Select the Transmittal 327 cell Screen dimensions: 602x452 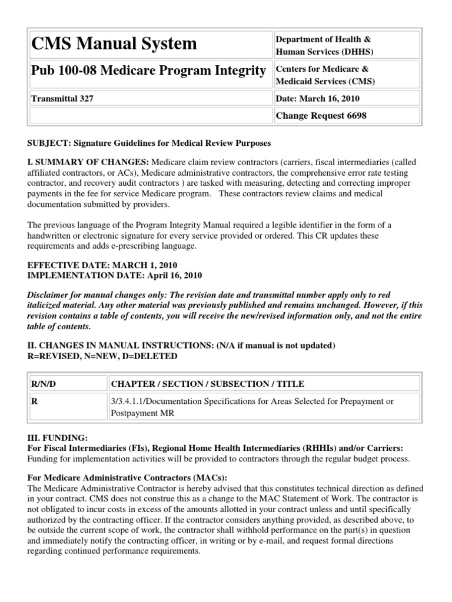[62, 99]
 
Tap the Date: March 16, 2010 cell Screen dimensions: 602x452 [318, 99]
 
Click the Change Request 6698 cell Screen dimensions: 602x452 [321, 116]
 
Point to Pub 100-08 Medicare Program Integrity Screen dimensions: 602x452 [148, 71]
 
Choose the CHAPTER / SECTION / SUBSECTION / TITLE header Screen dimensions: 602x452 [208, 384]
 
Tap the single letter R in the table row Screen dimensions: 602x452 [34, 402]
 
